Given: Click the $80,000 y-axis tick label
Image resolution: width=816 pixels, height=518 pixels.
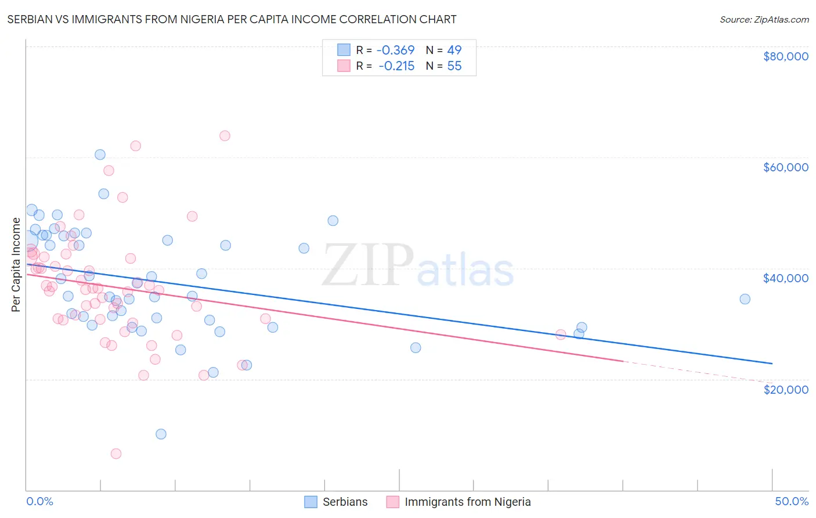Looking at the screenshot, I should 785,56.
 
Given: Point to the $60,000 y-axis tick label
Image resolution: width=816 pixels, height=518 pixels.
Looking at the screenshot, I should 785,167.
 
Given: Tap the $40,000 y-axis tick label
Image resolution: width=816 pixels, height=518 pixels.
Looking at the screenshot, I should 785,278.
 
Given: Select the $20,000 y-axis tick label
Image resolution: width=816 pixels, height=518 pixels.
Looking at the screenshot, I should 785,390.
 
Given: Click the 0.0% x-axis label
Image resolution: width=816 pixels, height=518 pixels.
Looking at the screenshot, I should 39,501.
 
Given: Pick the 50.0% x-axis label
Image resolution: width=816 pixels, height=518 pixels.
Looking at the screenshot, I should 792,501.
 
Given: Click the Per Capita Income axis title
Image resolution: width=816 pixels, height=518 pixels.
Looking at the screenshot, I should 16,264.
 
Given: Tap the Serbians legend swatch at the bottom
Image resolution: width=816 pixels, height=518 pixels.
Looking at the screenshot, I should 311,502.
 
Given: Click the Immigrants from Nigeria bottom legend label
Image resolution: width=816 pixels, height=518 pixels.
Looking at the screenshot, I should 467,502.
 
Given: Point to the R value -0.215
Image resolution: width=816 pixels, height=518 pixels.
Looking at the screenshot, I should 396,66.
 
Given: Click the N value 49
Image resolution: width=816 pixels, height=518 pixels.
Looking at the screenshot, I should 454,51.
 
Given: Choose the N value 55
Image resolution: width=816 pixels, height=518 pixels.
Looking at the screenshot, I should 454,66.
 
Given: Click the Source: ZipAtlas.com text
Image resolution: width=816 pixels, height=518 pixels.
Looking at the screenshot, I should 764,20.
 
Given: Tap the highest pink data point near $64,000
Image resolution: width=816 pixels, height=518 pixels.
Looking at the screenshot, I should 225,136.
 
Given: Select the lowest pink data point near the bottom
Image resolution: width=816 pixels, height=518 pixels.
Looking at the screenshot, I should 116,454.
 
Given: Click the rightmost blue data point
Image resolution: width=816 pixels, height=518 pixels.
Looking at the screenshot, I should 745,299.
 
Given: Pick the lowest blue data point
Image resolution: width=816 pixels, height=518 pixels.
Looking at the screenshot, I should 161,434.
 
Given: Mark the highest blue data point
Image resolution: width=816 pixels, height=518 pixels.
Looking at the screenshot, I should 100,154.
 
